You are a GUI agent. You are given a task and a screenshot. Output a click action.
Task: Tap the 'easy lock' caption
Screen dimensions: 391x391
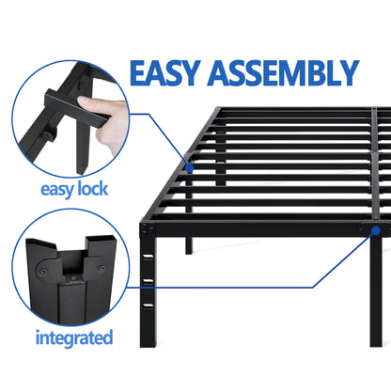pyautogui.click(x=73, y=188)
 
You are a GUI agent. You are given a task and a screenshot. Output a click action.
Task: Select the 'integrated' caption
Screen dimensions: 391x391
pyautogui.click(x=74, y=336)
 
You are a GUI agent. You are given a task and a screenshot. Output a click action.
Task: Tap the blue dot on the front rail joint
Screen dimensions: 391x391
pyautogui.click(x=375, y=228)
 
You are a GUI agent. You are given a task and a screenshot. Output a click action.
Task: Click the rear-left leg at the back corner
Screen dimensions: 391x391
pyautogui.click(x=218, y=141)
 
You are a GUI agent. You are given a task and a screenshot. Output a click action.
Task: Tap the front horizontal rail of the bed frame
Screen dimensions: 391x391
pyautogui.click(x=263, y=228)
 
